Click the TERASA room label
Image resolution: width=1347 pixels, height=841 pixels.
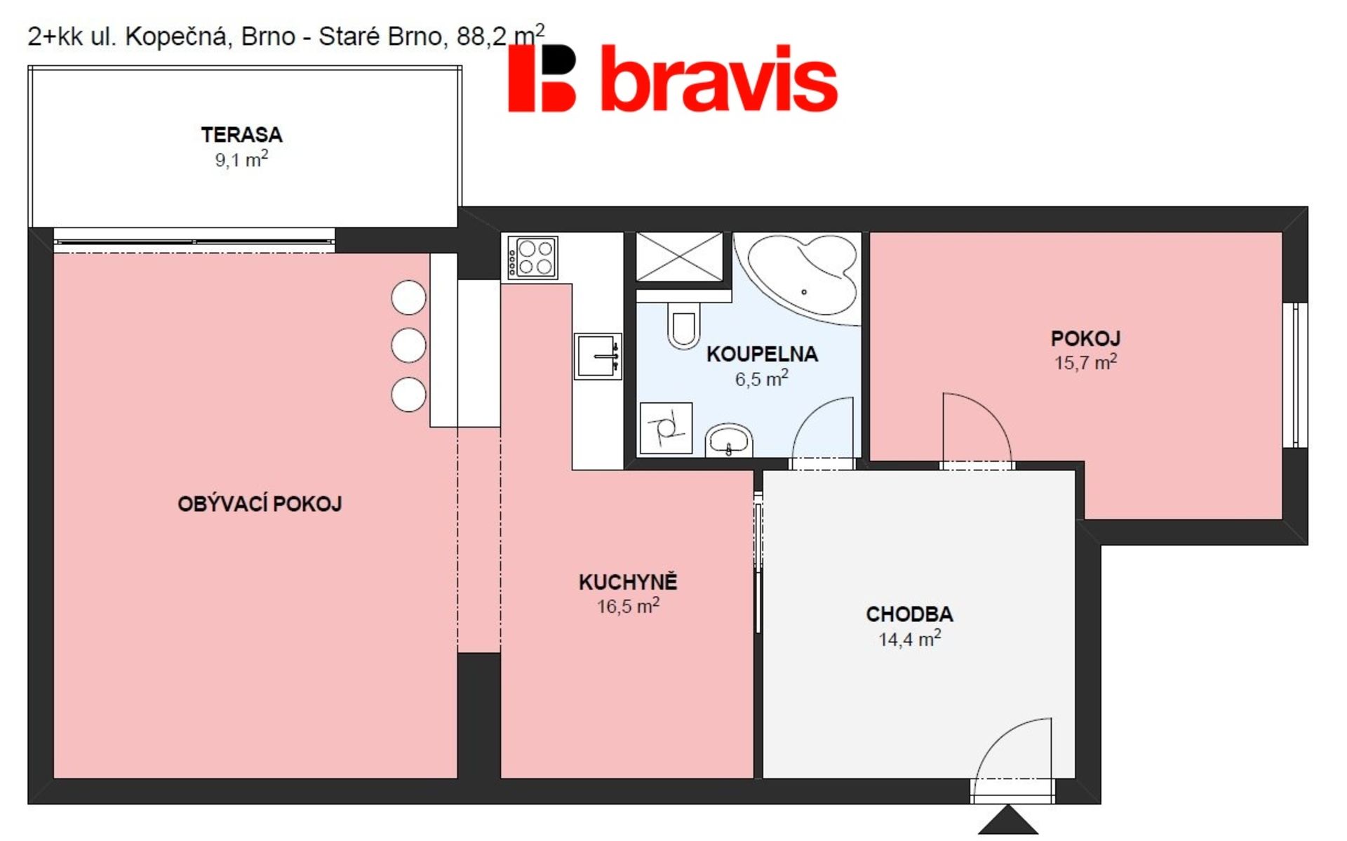pyautogui.click(x=241, y=134)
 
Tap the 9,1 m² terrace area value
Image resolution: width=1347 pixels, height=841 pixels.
pyautogui.click(x=241, y=159)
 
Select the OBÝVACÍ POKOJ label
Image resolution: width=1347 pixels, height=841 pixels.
pyautogui.click(x=260, y=503)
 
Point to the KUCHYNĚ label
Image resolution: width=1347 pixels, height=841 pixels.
pyautogui.click(x=628, y=581)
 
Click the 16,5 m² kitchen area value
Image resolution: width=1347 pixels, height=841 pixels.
pyautogui.click(x=628, y=605)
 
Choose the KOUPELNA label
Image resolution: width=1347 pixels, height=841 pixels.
pyautogui.click(x=762, y=354)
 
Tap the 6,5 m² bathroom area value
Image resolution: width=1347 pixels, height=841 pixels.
pyautogui.click(x=762, y=378)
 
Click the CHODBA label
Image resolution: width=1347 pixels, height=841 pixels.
pyautogui.click(x=909, y=614)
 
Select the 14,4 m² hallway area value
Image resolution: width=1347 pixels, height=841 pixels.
pyautogui.click(x=909, y=639)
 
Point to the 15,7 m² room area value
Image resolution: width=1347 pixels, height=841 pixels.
pyautogui.click(x=1085, y=362)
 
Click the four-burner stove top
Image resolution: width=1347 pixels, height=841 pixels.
pyautogui.click(x=532, y=258)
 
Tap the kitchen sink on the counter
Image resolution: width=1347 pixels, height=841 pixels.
pyautogui.click(x=598, y=355)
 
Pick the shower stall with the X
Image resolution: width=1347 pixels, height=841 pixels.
pyautogui.click(x=678, y=257)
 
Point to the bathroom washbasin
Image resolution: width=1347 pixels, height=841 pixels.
pyautogui.click(x=729, y=441)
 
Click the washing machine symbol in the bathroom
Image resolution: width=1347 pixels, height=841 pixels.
pyautogui.click(x=666, y=428)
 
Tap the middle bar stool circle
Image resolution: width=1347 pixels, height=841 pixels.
pyautogui.click(x=408, y=345)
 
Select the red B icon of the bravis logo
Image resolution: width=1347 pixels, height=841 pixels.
pyautogui.click(x=542, y=79)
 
